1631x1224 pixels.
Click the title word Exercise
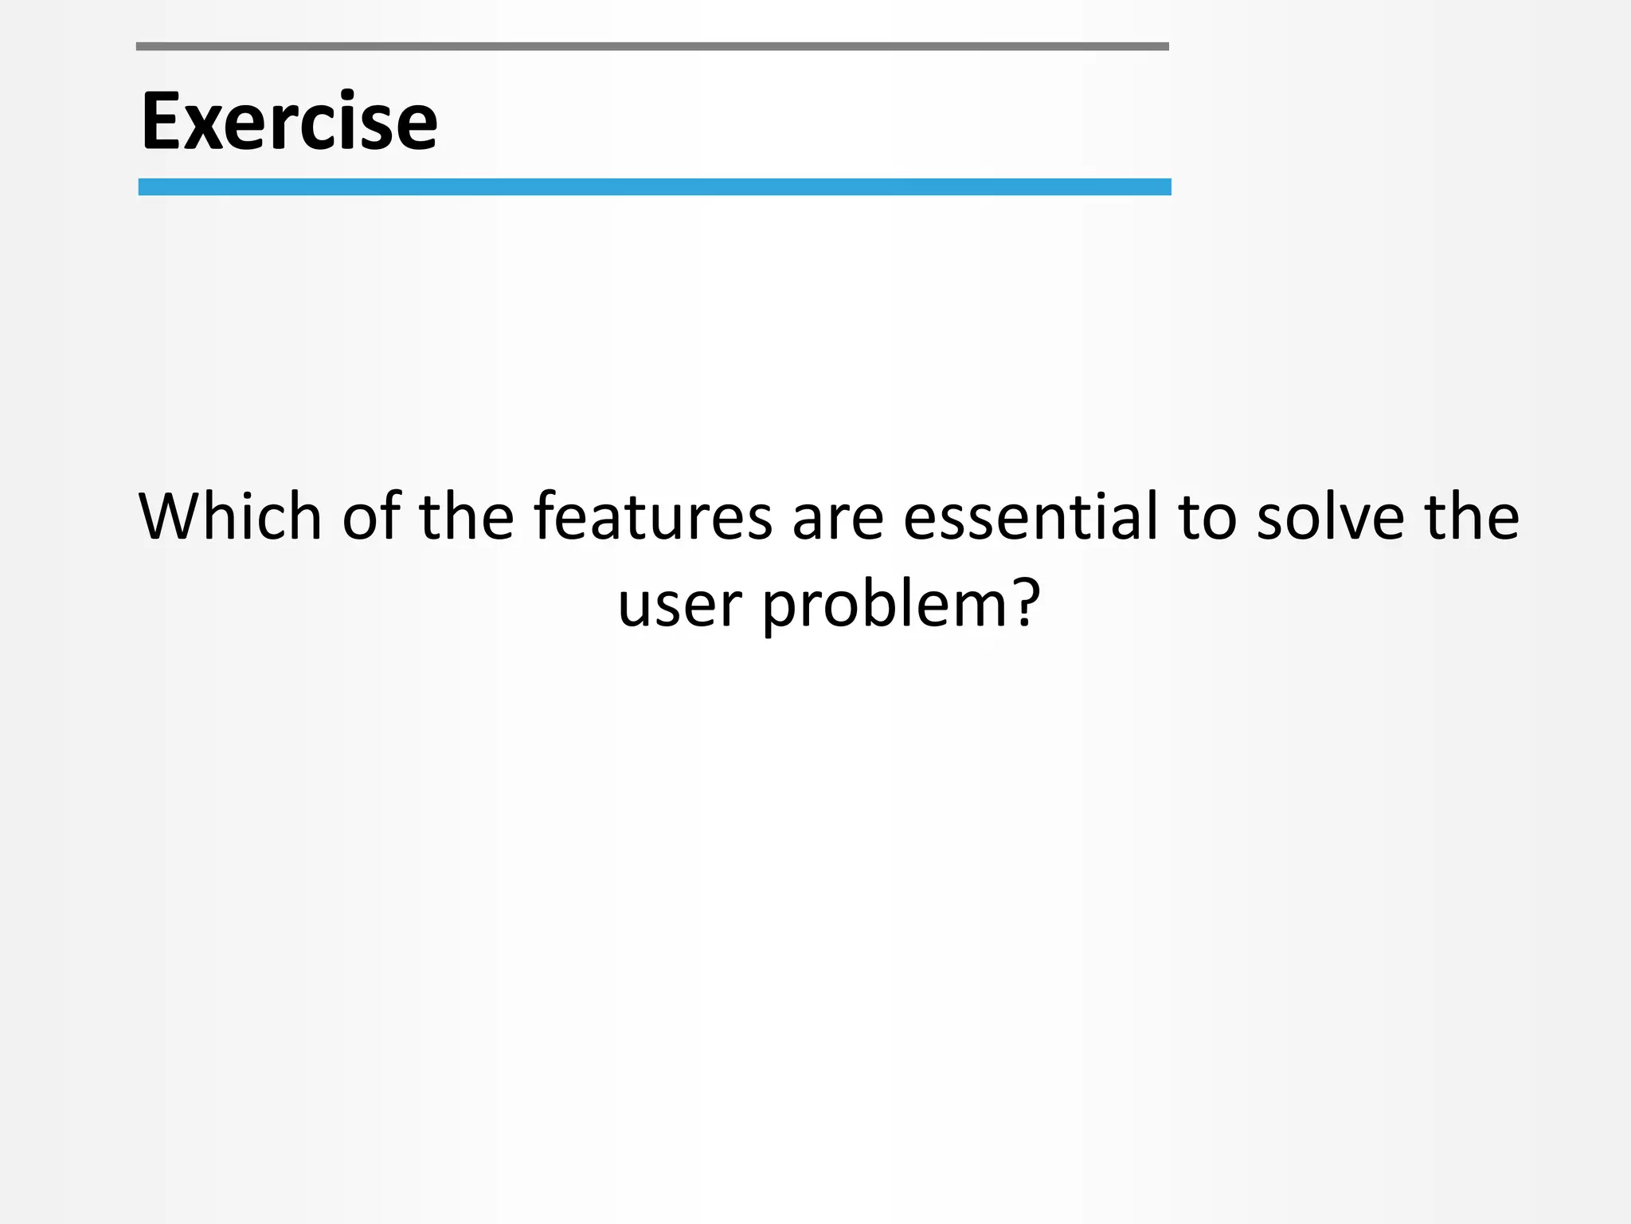(289, 121)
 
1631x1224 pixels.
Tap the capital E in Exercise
(162, 121)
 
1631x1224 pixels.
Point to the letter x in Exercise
(205, 127)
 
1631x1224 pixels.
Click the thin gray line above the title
(652, 47)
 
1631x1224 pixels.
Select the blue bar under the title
(654, 187)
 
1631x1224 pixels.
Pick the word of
(371, 516)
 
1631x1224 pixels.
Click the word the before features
(467, 516)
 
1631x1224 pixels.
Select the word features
(652, 516)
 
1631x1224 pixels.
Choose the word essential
(1031, 516)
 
